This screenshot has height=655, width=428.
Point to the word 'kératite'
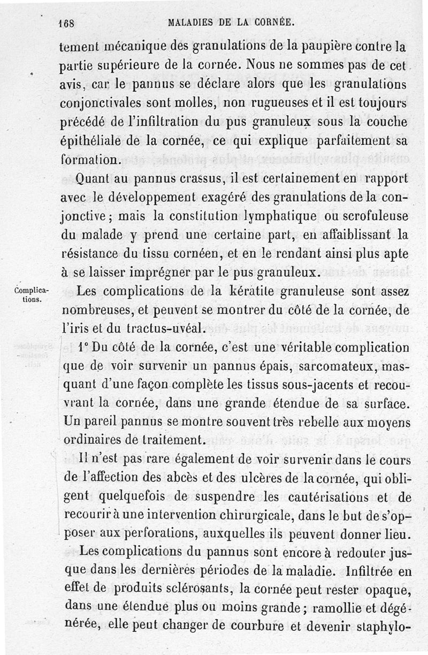(x=250, y=292)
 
